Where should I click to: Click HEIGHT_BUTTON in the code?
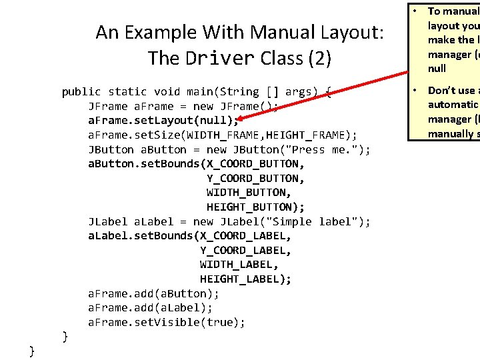click(x=246, y=207)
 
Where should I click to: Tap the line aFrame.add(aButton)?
click(x=154, y=294)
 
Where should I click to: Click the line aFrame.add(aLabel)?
click(x=151, y=308)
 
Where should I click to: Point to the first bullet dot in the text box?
click(x=414, y=11)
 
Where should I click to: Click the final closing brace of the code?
click(x=32, y=351)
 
